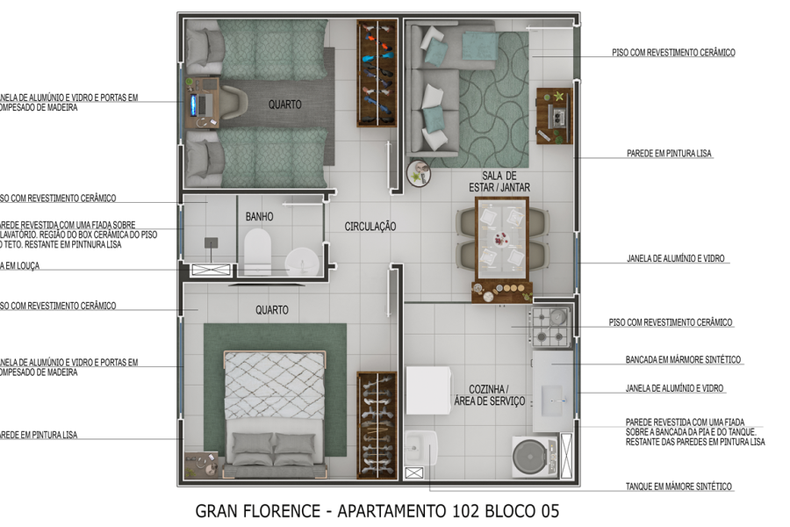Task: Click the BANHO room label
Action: pyautogui.click(x=259, y=216)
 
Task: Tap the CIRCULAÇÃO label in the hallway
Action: pyautogui.click(x=370, y=227)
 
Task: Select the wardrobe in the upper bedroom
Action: pyautogui.click(x=376, y=75)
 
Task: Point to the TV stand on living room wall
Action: pyautogui.click(x=555, y=115)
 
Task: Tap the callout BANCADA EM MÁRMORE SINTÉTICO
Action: pyautogui.click(x=683, y=360)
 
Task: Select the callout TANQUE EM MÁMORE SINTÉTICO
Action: pyautogui.click(x=679, y=487)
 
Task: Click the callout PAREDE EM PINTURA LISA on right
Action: pyautogui.click(x=669, y=154)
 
